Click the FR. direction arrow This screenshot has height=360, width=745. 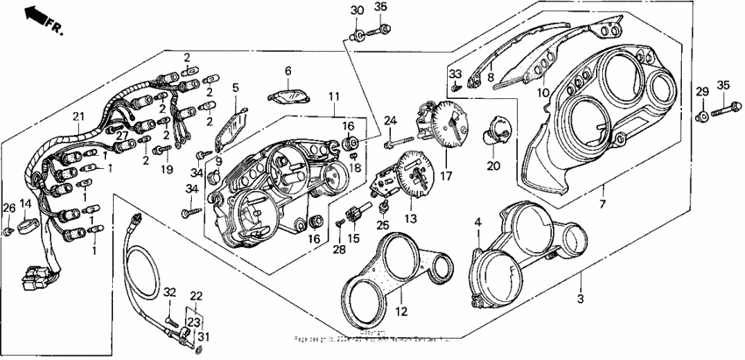coord(37,14)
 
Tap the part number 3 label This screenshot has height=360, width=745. coord(579,299)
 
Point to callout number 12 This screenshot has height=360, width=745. coord(478,223)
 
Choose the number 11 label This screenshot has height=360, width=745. coord(332,95)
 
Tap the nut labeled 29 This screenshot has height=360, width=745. coord(702,116)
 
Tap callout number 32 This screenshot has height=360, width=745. coord(169,292)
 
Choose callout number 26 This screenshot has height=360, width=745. coord(9,207)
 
